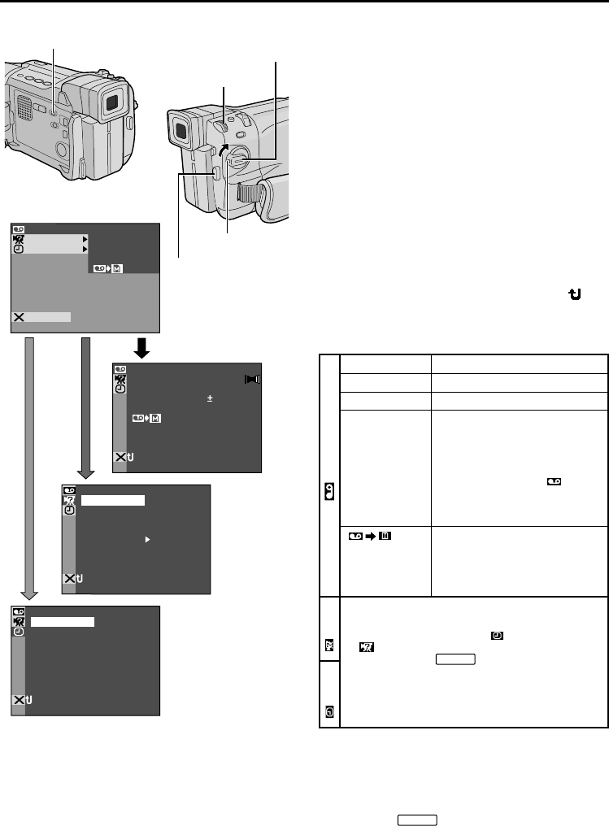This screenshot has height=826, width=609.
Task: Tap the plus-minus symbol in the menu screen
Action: click(209, 399)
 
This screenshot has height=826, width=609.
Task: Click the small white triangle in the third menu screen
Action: click(147, 537)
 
